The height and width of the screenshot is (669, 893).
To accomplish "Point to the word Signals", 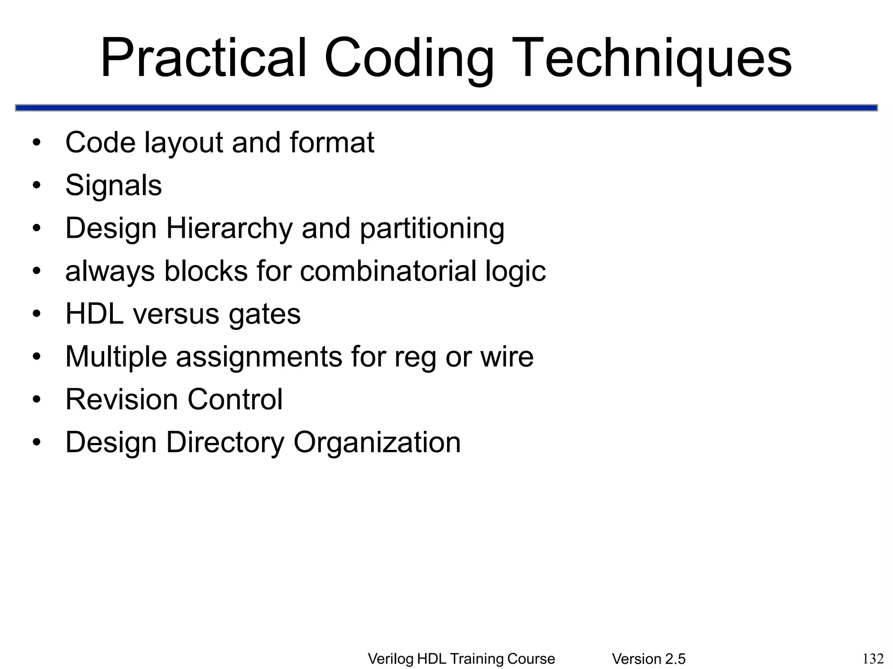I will tap(113, 185).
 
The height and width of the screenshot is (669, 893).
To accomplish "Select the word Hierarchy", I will tap(229, 228).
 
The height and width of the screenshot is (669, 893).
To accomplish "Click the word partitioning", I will tap(432, 228).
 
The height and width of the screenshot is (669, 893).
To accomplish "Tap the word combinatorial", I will tap(388, 270).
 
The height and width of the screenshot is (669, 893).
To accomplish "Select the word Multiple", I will tap(116, 356).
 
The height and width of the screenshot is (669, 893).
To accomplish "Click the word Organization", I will tap(377, 442).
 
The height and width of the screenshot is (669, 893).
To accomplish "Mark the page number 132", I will tap(873, 658).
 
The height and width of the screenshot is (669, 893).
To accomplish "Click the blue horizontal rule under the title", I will tap(446, 108).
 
